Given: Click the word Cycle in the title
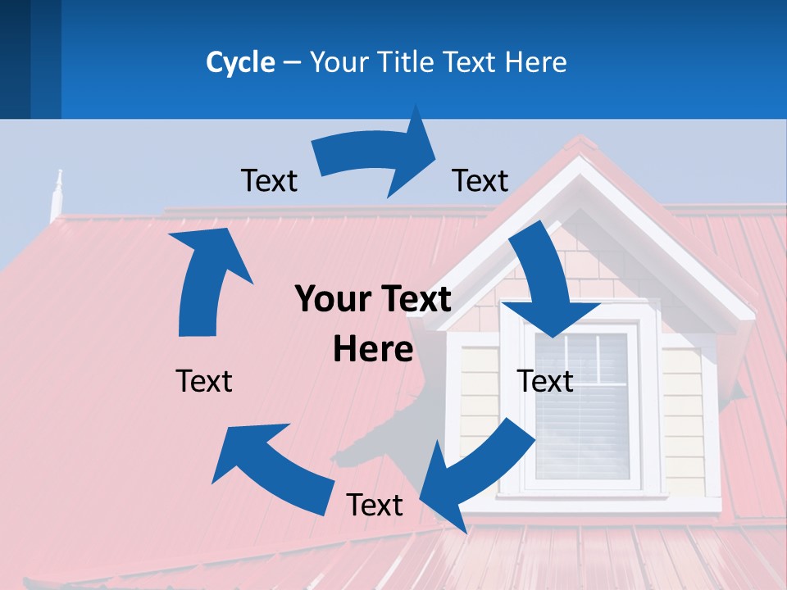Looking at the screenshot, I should click(x=240, y=62).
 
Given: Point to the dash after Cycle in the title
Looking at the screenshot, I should click(x=291, y=63).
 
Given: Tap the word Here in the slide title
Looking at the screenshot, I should click(x=536, y=62).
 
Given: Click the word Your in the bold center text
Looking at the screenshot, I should click(x=333, y=300).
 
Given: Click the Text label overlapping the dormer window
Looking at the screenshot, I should click(x=545, y=381).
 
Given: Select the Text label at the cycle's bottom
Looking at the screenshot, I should click(x=375, y=506).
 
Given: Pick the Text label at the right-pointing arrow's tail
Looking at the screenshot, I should click(x=269, y=180).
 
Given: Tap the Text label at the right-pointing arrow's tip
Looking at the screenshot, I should click(x=480, y=180).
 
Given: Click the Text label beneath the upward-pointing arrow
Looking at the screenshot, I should click(x=204, y=381).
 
